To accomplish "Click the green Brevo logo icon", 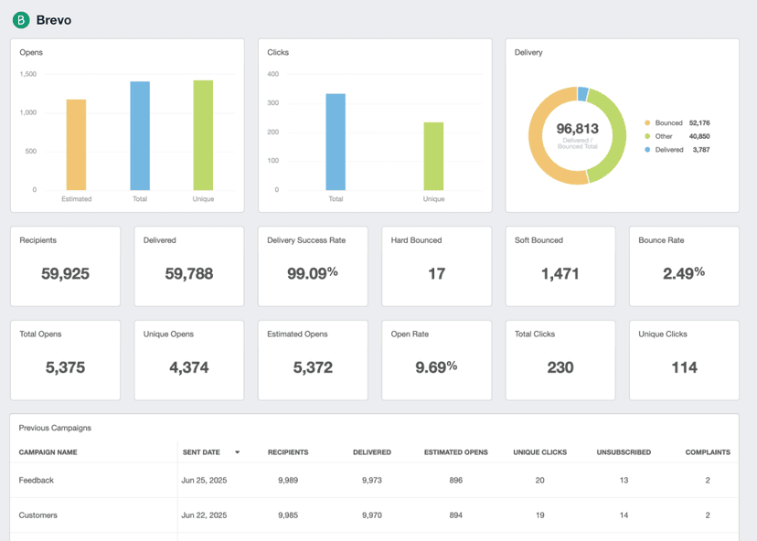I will (21, 19).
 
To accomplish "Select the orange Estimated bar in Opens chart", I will (76, 144).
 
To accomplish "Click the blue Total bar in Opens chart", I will (140, 135).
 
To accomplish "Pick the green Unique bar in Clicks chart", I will (433, 155).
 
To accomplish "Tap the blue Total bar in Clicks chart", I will (336, 142).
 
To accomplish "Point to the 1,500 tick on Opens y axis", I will (28, 74).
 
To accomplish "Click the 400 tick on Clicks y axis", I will (272, 74).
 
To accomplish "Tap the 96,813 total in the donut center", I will (577, 129).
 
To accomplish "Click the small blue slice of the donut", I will (582, 93).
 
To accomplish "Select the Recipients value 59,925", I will (65, 273).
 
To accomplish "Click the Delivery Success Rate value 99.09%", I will (313, 273).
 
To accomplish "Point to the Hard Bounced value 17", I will (436, 273).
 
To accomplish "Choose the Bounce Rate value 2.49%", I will (684, 273).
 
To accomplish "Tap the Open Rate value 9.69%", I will (436, 367).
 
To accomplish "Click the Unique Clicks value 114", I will (684, 367).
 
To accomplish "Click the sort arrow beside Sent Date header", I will (238, 452).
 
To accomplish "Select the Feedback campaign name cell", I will (37, 480).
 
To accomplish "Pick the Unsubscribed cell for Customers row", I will (624, 515).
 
